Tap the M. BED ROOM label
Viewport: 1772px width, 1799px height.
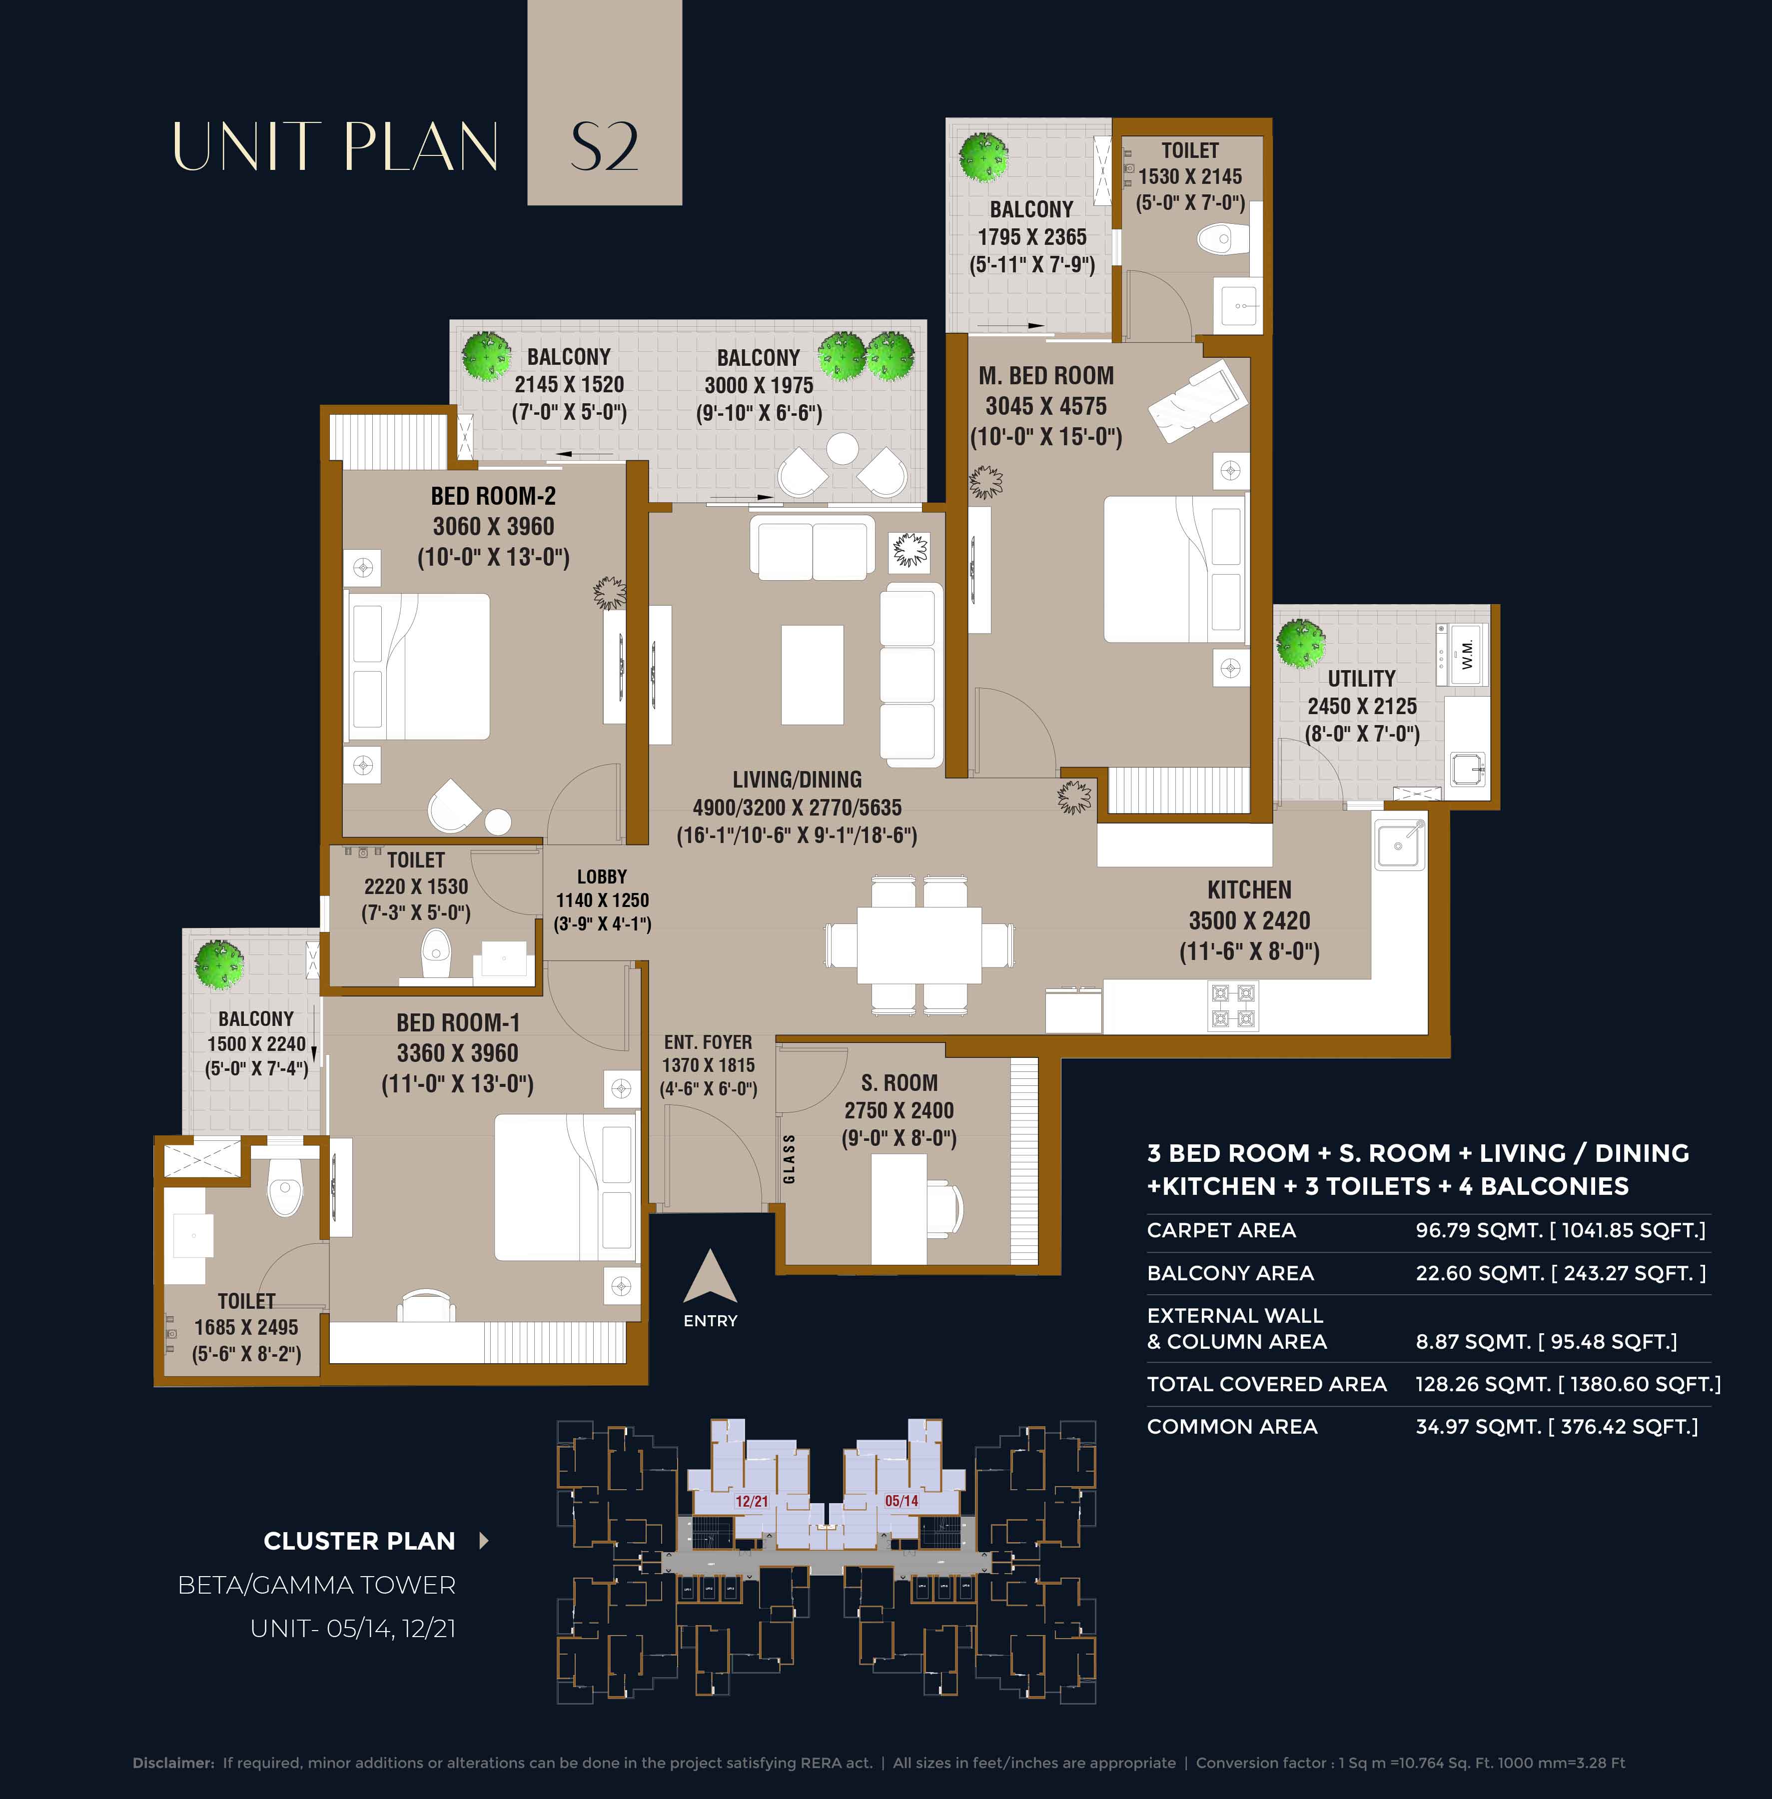click(1046, 376)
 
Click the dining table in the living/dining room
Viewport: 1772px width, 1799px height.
click(918, 943)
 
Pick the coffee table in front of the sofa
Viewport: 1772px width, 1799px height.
click(813, 675)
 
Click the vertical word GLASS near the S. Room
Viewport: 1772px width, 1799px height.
click(789, 1159)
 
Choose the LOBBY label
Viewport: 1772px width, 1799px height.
click(602, 877)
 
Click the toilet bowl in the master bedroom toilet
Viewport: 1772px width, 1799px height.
click(1215, 238)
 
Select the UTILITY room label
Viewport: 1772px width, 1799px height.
click(1362, 679)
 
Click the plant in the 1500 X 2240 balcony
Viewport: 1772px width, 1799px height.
click(219, 964)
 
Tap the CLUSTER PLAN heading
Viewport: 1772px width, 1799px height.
click(359, 1541)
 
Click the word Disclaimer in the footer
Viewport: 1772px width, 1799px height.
click(173, 1763)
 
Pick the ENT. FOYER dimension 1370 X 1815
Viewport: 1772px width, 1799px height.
click(708, 1065)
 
